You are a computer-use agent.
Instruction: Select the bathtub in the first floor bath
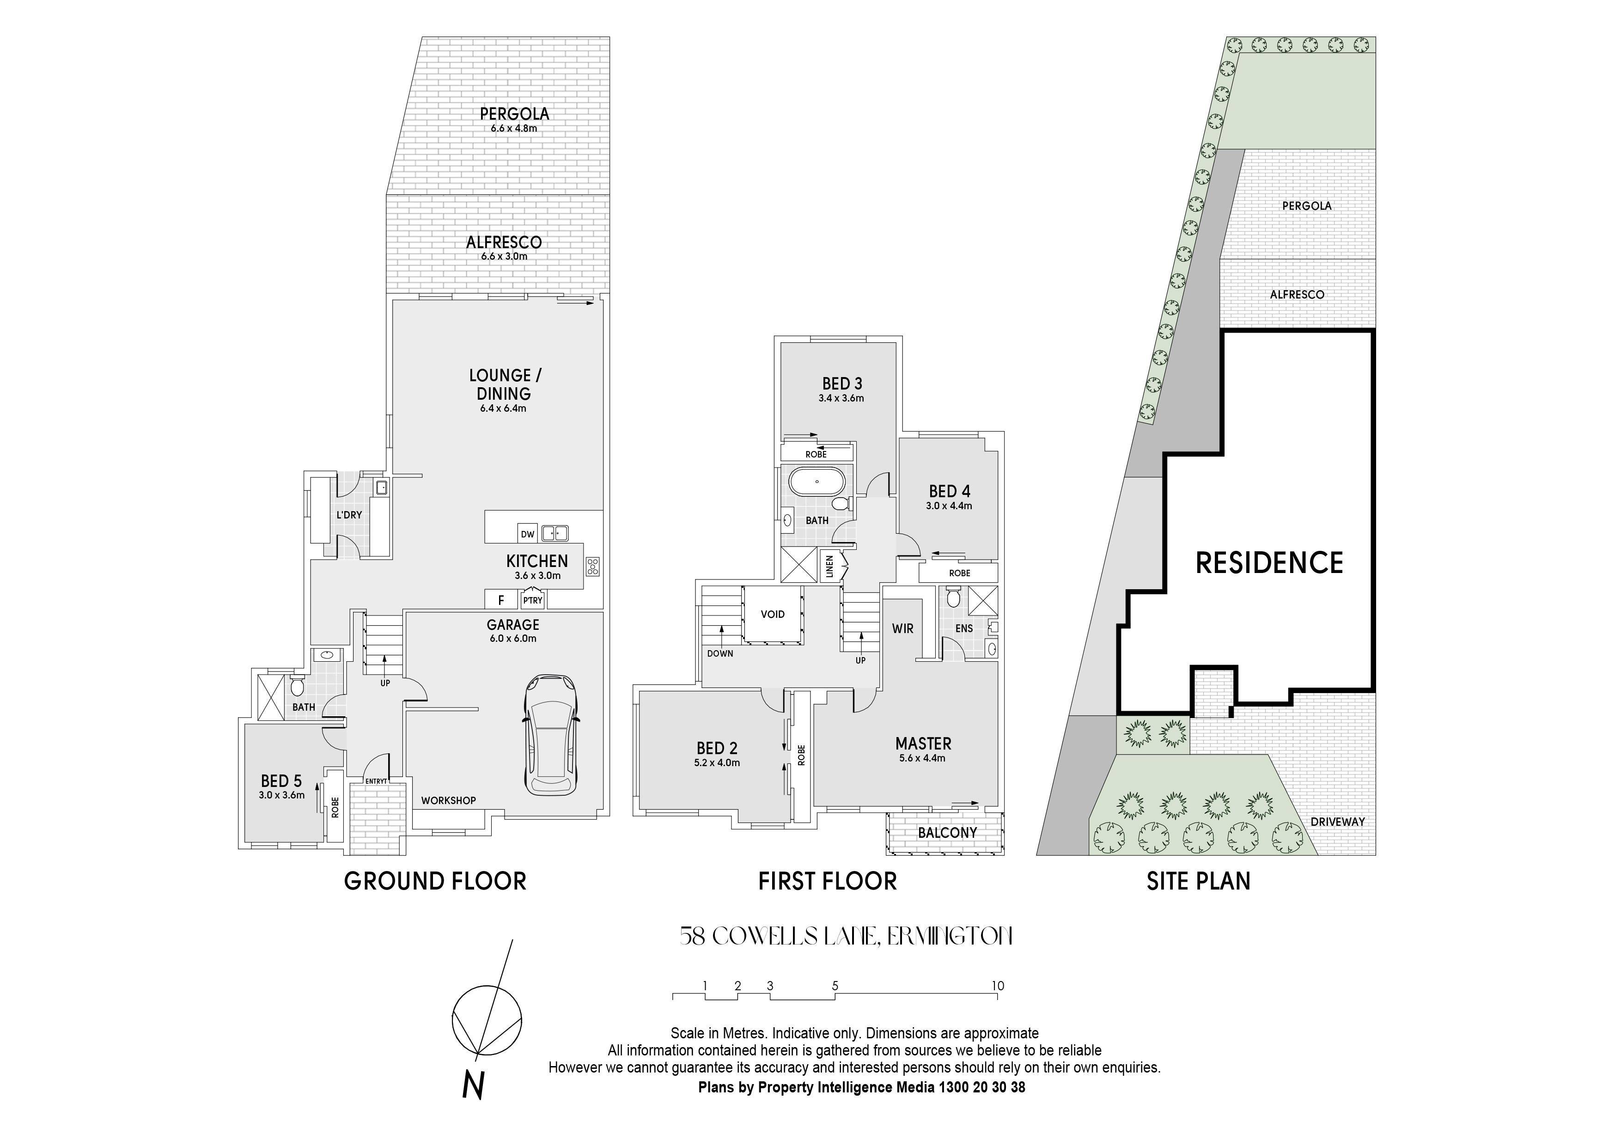816,482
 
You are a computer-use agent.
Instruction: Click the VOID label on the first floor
772,614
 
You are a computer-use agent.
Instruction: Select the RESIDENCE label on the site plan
1269,563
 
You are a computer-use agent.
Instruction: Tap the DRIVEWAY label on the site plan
1337,822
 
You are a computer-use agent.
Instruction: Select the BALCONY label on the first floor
947,833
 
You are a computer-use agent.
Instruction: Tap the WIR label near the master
903,628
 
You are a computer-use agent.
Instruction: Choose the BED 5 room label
281,781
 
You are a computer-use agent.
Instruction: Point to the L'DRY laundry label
349,515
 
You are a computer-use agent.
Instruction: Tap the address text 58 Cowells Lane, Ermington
846,936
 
